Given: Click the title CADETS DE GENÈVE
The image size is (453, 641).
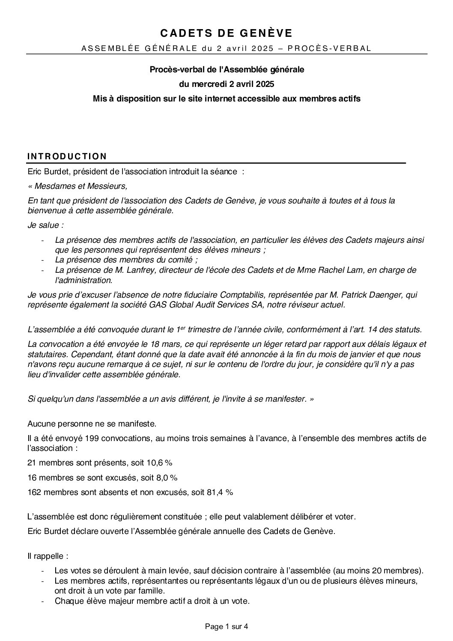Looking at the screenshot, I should [x=226, y=33].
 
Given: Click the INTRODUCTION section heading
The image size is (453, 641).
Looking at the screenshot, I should [x=67, y=157].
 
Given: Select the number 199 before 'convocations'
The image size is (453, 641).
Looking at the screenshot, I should [x=92, y=438].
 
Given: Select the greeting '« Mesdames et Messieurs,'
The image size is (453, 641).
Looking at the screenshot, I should [x=77, y=186].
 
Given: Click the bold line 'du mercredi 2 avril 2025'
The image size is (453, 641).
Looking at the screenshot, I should [x=226, y=83].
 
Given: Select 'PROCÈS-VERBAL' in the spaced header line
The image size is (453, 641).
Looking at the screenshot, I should [x=329, y=48].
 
